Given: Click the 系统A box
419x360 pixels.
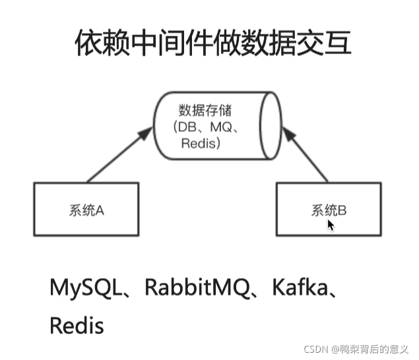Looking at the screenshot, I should point(86,209).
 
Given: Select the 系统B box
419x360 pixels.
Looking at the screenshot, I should point(329,209).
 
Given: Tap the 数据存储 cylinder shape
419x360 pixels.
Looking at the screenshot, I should point(218,125).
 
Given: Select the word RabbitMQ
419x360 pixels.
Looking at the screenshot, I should point(191,288).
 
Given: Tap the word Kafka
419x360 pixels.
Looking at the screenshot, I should point(294,288).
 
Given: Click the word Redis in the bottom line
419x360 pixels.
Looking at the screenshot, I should point(77,325).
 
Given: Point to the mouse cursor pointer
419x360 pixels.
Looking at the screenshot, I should point(331,225).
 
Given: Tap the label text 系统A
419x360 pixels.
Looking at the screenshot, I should point(86,211).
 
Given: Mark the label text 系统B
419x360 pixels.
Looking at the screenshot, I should point(329,211).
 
